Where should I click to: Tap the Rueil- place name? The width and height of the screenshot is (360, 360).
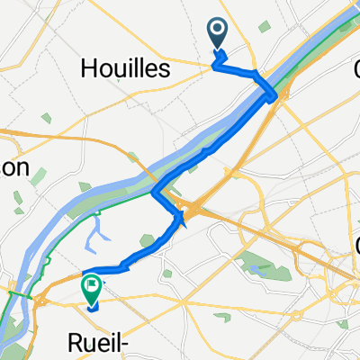coord(101,341)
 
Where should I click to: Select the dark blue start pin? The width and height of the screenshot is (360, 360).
coord(218,35)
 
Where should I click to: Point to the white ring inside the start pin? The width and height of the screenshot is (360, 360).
coord(218,31)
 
